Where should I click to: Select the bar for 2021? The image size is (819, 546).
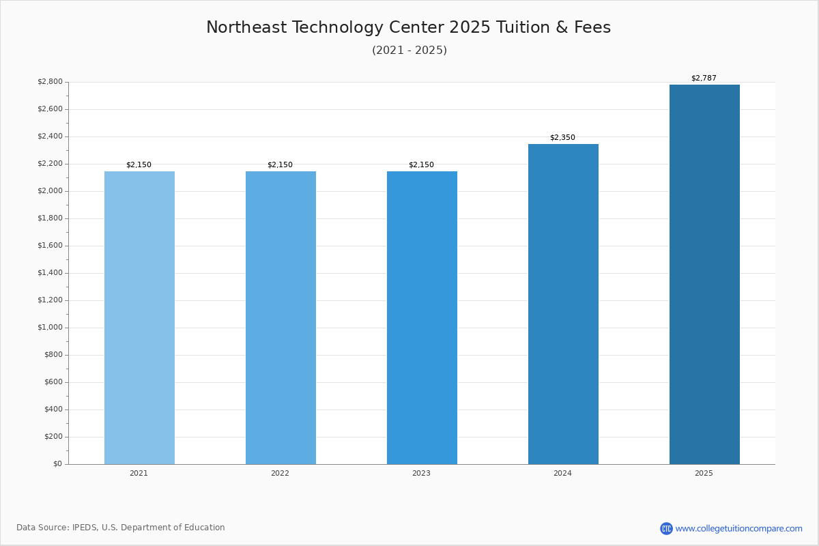(139, 317)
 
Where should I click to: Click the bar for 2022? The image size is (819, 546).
(281, 317)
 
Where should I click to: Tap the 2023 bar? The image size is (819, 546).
(422, 317)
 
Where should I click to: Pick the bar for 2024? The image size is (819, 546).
(563, 304)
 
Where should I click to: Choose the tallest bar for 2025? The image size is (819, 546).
(704, 274)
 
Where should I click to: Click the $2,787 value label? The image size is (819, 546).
(704, 78)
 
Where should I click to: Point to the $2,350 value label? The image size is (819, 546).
(562, 137)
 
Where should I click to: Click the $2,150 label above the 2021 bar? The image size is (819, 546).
(139, 164)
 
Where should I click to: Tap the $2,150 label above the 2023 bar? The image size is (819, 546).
(421, 164)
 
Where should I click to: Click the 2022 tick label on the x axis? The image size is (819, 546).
(280, 473)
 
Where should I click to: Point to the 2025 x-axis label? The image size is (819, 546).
(704, 473)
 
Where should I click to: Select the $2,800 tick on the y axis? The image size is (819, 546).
(50, 82)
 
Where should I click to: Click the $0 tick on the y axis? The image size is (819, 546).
(57, 464)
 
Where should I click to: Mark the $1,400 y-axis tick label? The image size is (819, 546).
(50, 273)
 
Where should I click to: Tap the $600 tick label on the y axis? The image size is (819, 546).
(53, 382)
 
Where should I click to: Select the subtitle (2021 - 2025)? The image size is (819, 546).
(409, 51)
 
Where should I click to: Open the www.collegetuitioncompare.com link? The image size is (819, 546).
(738, 528)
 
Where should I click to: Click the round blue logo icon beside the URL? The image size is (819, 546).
(666, 528)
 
